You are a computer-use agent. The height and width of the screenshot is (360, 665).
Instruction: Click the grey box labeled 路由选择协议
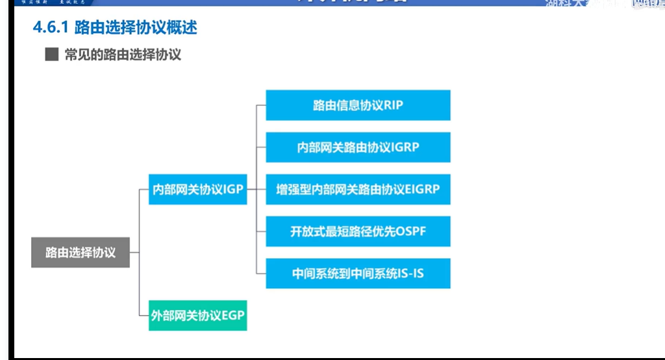tap(81, 253)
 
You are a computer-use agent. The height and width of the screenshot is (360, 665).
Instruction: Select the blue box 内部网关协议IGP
tap(197, 190)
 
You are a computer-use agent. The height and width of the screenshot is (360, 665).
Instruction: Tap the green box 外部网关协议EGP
tap(197, 316)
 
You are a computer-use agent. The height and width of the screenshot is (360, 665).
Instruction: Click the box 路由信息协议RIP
tap(358, 105)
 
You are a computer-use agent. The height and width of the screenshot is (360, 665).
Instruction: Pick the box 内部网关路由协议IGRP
tap(358, 148)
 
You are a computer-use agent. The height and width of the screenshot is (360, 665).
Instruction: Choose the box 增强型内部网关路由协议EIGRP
tap(358, 190)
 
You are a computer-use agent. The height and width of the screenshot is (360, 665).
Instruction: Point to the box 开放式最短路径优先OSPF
tap(358, 231)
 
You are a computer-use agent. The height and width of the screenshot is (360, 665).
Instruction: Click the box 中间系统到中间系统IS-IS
tap(358, 274)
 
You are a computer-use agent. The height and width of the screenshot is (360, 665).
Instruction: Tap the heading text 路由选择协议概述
tap(136, 28)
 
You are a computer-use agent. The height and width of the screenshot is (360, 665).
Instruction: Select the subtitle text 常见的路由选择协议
tap(123, 55)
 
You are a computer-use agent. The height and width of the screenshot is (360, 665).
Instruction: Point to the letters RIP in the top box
tap(394, 105)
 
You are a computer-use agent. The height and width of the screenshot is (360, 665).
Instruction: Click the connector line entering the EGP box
tap(144, 316)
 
